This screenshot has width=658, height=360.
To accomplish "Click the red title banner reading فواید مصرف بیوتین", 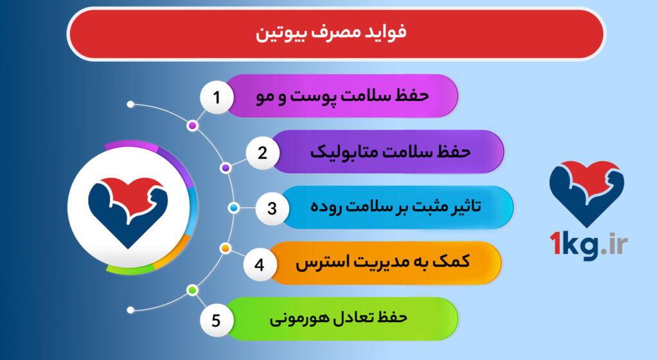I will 335,34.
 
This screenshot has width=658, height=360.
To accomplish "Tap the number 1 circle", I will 217,98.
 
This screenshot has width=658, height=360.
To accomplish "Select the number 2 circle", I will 262,153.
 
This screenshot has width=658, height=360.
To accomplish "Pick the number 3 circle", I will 272,208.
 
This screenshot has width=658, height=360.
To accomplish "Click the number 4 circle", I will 259,264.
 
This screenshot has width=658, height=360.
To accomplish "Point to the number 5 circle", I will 217,319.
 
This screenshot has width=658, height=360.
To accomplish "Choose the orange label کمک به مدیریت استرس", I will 382,264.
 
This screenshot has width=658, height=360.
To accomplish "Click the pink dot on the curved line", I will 192,126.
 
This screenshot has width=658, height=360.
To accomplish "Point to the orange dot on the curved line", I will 225,248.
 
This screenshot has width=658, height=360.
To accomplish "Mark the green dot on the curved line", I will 191,291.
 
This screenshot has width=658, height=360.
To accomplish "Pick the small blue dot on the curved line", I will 234,208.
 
